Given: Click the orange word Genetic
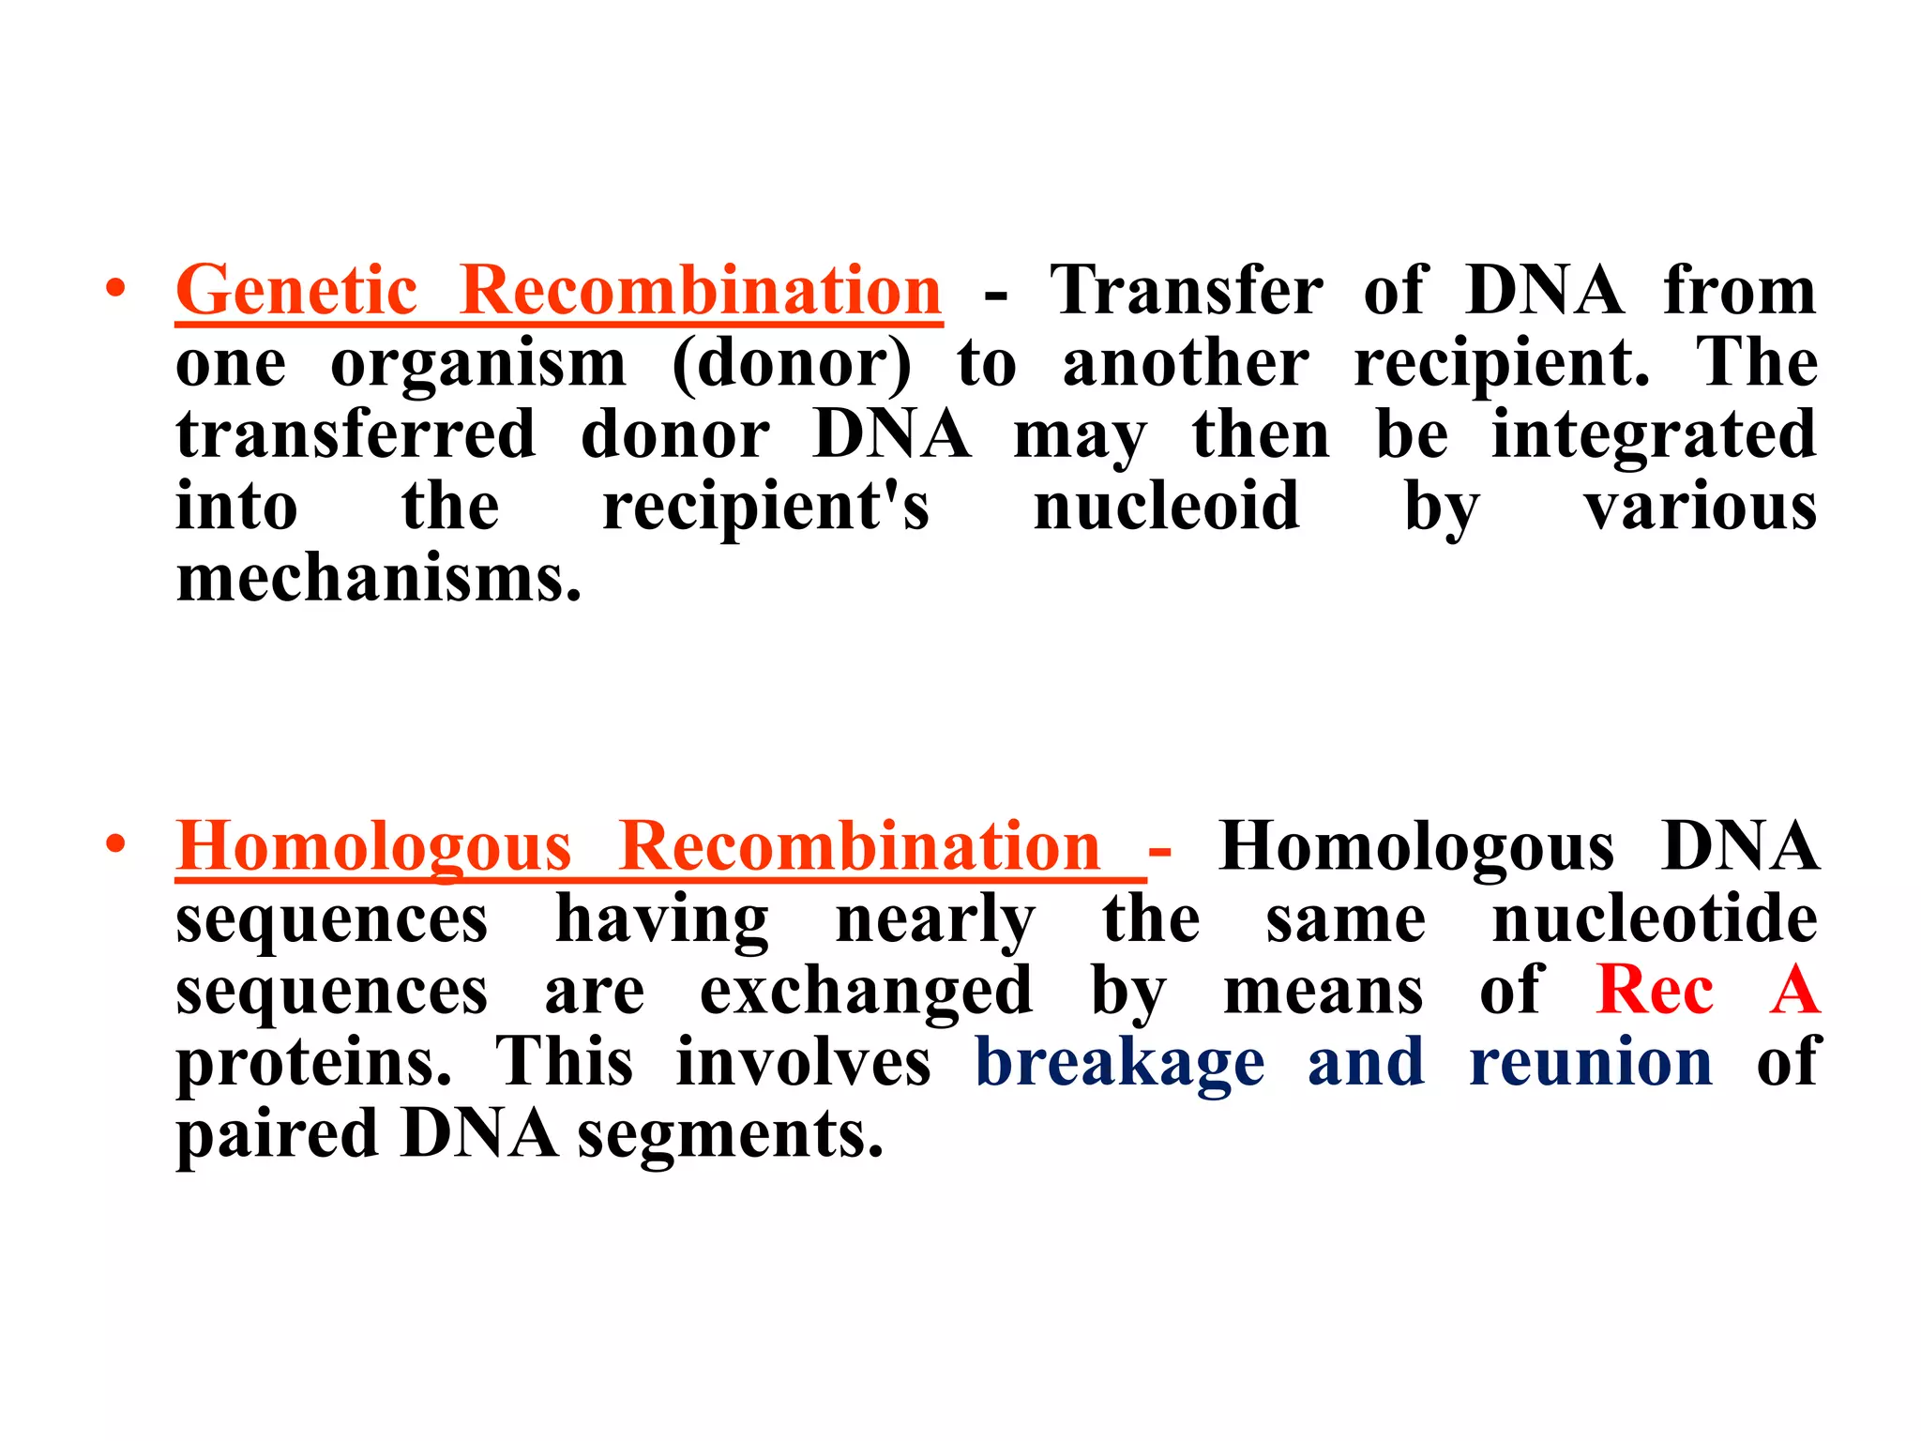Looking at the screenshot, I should (296, 291).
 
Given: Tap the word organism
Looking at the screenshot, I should (478, 364).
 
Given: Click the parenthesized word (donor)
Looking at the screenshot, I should (792, 364).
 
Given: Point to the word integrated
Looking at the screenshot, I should (1654, 435).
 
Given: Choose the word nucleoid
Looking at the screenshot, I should (1166, 507).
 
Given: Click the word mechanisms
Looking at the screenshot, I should (379, 579).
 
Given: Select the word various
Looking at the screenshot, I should (1701, 507).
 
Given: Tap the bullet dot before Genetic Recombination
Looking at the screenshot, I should (115, 289).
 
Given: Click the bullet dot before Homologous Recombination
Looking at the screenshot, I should (115, 845).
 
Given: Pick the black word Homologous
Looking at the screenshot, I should (1416, 847).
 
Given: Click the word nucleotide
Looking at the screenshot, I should (1655, 918).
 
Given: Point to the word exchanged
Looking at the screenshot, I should (867, 991).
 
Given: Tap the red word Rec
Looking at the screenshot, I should (1655, 991).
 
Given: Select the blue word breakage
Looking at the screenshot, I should (1120, 1063).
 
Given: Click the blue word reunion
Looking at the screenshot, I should (1591, 1063).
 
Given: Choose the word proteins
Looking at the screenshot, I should (314, 1063).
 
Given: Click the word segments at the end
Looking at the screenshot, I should (730, 1135).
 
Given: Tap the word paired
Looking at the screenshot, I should (277, 1135).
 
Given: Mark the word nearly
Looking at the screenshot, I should (935, 920).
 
